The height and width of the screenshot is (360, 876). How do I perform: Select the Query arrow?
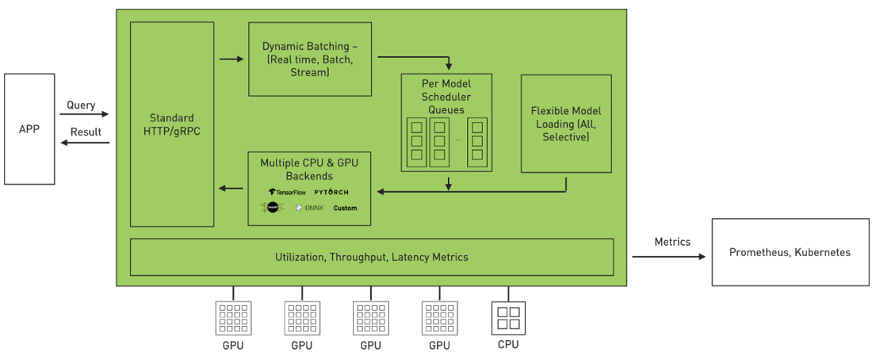click(x=83, y=115)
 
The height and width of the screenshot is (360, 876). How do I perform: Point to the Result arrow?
click(x=83, y=143)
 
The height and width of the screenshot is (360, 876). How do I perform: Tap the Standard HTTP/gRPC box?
click(x=171, y=124)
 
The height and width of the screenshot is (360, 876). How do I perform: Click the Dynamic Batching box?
click(x=310, y=59)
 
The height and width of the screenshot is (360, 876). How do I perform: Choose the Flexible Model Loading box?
click(x=565, y=124)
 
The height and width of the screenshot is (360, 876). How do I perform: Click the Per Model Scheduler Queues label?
click(x=446, y=97)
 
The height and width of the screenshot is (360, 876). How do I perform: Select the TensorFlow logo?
click(x=286, y=192)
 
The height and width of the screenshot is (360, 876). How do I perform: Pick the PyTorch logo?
click(x=331, y=192)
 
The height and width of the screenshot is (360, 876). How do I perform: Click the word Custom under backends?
click(x=345, y=208)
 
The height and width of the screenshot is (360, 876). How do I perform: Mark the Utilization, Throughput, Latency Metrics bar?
click(x=371, y=257)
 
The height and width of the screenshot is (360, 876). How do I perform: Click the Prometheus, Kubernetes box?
click(x=789, y=252)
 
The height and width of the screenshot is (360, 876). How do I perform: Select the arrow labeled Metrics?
click(x=668, y=257)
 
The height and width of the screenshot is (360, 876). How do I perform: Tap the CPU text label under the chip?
click(x=508, y=344)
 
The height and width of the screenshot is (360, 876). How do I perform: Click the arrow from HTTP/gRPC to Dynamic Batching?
click(x=231, y=59)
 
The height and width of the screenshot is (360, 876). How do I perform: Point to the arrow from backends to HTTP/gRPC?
click(x=231, y=188)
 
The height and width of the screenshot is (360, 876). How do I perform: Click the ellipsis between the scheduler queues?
click(x=458, y=140)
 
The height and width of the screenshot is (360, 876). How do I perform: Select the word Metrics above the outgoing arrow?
click(x=672, y=242)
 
